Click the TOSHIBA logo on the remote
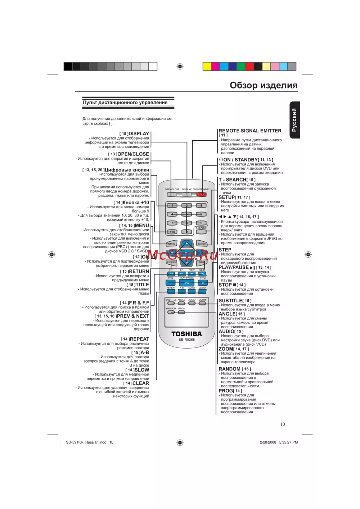186,334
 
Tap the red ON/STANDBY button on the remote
202,195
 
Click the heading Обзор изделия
264,85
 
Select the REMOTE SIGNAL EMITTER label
250,131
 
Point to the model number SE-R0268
186,340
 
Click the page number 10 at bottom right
283,424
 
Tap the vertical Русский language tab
294,120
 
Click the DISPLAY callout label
139,133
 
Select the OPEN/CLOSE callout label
133,154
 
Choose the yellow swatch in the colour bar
207,66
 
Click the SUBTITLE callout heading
231,301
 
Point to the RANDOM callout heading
229,369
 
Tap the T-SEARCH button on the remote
201,232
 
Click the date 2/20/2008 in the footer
268,442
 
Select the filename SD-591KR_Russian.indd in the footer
86,442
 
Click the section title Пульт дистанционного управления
125,103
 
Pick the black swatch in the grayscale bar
68,66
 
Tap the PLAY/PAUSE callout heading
234,267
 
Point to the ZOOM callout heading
226,349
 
